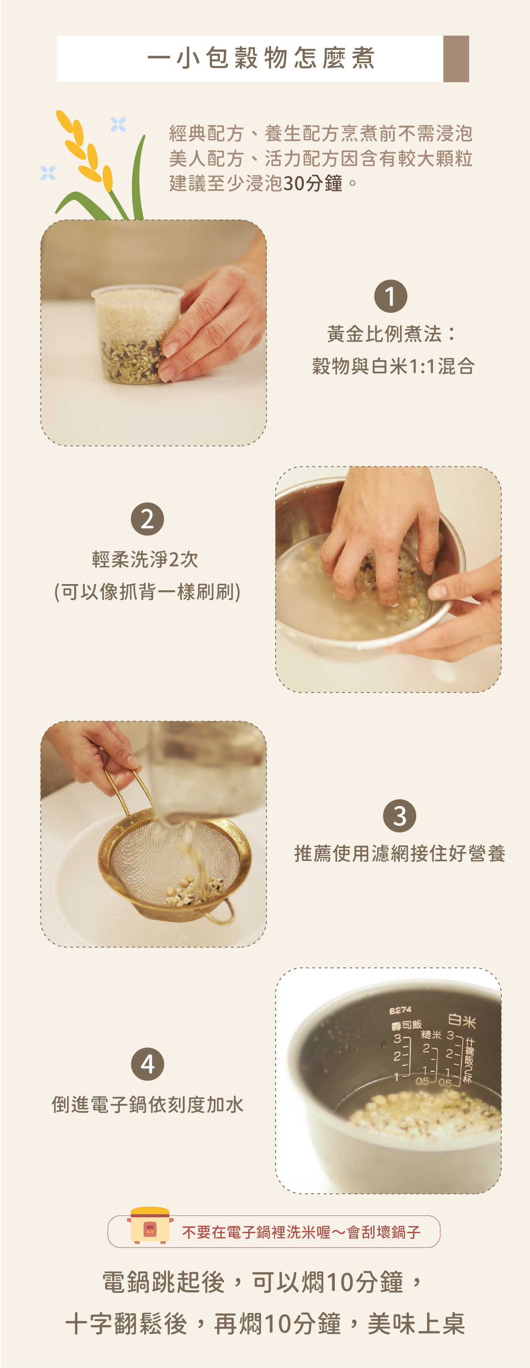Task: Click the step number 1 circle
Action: pyautogui.click(x=390, y=296)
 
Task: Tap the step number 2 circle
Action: pyautogui.click(x=147, y=519)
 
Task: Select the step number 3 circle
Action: pyautogui.click(x=400, y=816)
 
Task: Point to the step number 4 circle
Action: pyautogui.click(x=148, y=1064)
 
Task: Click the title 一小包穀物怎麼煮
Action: pyautogui.click(x=261, y=58)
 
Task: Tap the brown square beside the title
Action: pyautogui.click(x=456, y=59)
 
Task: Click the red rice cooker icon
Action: pyautogui.click(x=150, y=1225)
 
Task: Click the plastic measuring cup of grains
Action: pyautogui.click(x=137, y=333)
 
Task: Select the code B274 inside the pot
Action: pyautogui.click(x=400, y=1010)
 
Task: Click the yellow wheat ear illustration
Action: pyautogui.click(x=85, y=151)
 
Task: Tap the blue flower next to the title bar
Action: pyautogui.click(x=118, y=124)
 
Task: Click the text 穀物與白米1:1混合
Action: pyautogui.click(x=393, y=366)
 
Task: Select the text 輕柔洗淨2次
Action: pyautogui.click(x=145, y=559)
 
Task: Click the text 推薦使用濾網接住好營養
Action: pyautogui.click(x=400, y=853)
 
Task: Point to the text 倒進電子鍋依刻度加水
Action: pyautogui.click(x=148, y=1104)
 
